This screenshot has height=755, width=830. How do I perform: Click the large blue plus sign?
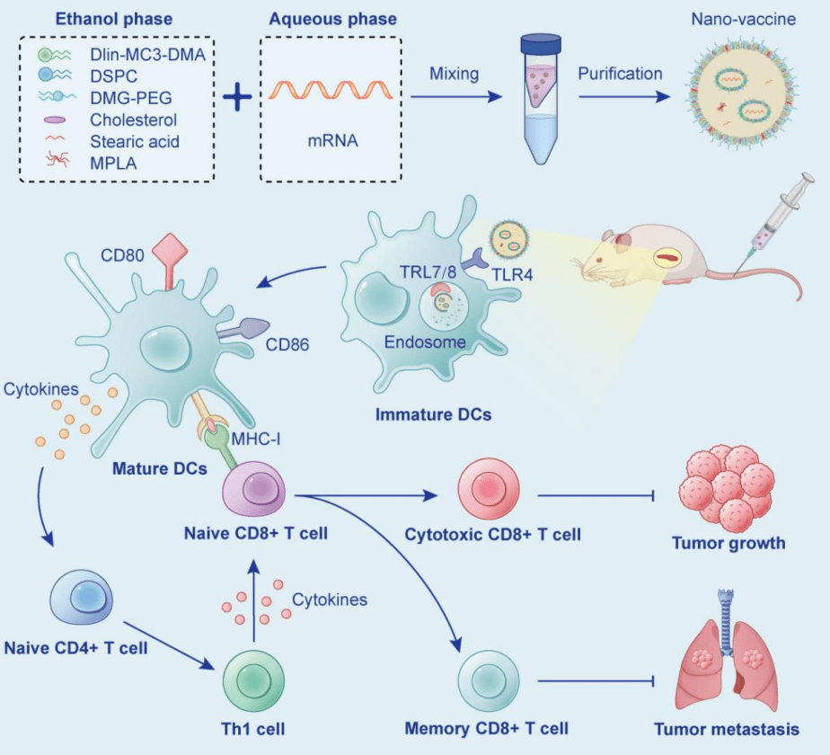238,95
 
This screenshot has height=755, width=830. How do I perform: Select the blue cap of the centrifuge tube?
541,42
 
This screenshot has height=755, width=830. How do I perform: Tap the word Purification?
621,74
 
